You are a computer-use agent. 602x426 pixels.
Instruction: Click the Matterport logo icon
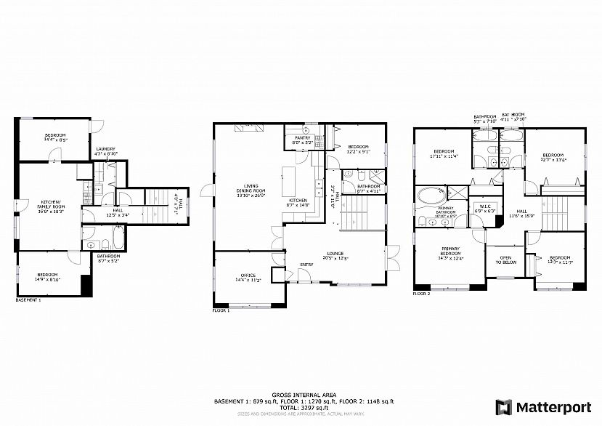[x=502, y=406]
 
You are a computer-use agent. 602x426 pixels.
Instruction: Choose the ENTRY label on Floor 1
[x=306, y=264]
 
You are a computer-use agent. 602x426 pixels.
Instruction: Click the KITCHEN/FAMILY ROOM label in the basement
[x=52, y=204]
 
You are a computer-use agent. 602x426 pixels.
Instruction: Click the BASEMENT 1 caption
[x=28, y=299]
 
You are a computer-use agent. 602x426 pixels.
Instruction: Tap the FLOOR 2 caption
[x=421, y=294]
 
